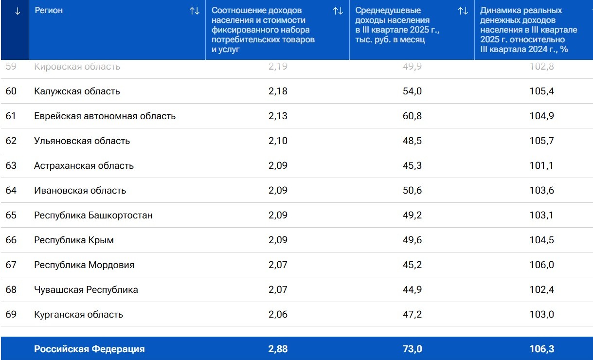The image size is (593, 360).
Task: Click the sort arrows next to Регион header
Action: (x=195, y=11)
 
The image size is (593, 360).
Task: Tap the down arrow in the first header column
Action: (x=18, y=11)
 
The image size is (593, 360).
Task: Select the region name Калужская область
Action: (x=77, y=91)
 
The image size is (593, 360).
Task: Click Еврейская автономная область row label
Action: (x=105, y=116)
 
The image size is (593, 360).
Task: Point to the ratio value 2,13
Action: (x=278, y=116)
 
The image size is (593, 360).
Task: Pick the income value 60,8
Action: (x=412, y=116)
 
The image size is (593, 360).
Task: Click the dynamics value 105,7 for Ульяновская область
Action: (x=541, y=141)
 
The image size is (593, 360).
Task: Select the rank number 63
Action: (x=11, y=166)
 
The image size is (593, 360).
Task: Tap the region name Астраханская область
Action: (x=84, y=166)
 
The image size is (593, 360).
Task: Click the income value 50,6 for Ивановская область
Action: (x=412, y=191)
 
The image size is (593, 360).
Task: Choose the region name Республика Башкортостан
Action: (x=93, y=216)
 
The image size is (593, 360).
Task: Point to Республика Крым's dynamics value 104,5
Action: (x=541, y=240)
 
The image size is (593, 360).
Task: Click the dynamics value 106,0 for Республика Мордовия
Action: (x=541, y=265)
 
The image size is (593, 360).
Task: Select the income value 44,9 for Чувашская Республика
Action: (x=412, y=290)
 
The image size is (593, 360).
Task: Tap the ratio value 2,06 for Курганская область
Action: (x=278, y=315)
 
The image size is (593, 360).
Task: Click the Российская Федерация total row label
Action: (x=89, y=349)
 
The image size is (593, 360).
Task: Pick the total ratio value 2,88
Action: (x=278, y=349)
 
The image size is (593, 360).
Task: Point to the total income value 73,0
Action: (x=412, y=349)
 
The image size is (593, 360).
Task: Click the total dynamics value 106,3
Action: (x=541, y=349)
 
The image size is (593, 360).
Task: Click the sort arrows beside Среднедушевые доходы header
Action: (x=463, y=11)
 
